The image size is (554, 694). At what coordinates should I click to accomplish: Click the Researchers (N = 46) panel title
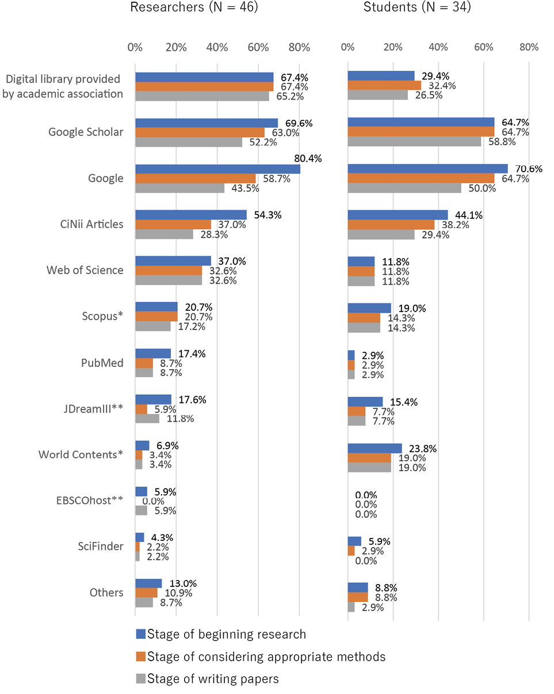(x=194, y=7)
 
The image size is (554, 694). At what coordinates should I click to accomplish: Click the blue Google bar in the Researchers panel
(x=217, y=169)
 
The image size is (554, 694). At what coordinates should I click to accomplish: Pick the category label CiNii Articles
(x=86, y=224)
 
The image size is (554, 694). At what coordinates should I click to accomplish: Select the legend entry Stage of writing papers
(x=213, y=679)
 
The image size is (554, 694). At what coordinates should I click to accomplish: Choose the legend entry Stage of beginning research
(x=227, y=634)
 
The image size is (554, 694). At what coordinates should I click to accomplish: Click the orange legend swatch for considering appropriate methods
(x=140, y=657)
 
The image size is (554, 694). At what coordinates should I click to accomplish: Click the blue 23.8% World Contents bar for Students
(x=375, y=448)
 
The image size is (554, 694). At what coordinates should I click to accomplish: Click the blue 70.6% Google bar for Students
(x=427, y=168)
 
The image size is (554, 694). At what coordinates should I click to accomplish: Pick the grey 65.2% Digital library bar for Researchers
(x=202, y=96)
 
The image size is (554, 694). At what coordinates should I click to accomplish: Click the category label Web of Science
(x=85, y=270)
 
